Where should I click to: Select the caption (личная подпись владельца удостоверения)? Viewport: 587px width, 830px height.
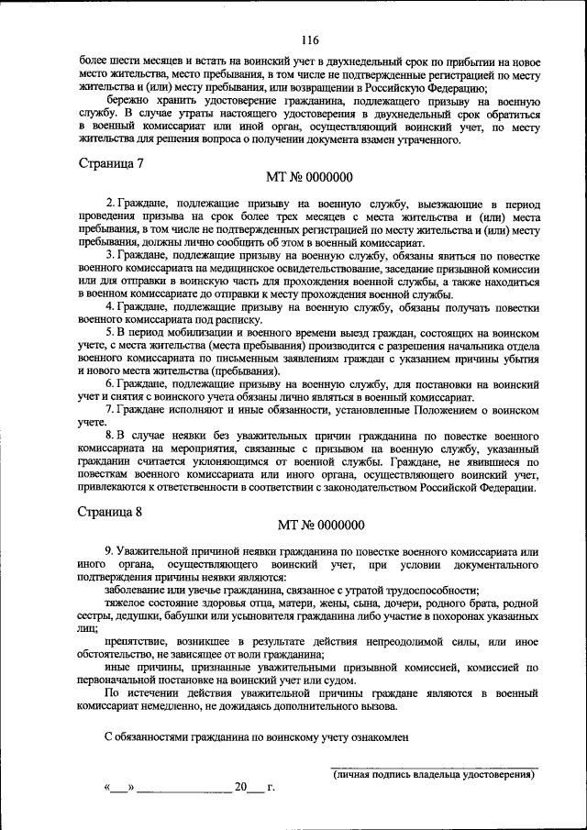point(433,776)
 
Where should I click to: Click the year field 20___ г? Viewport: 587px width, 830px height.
point(253,787)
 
